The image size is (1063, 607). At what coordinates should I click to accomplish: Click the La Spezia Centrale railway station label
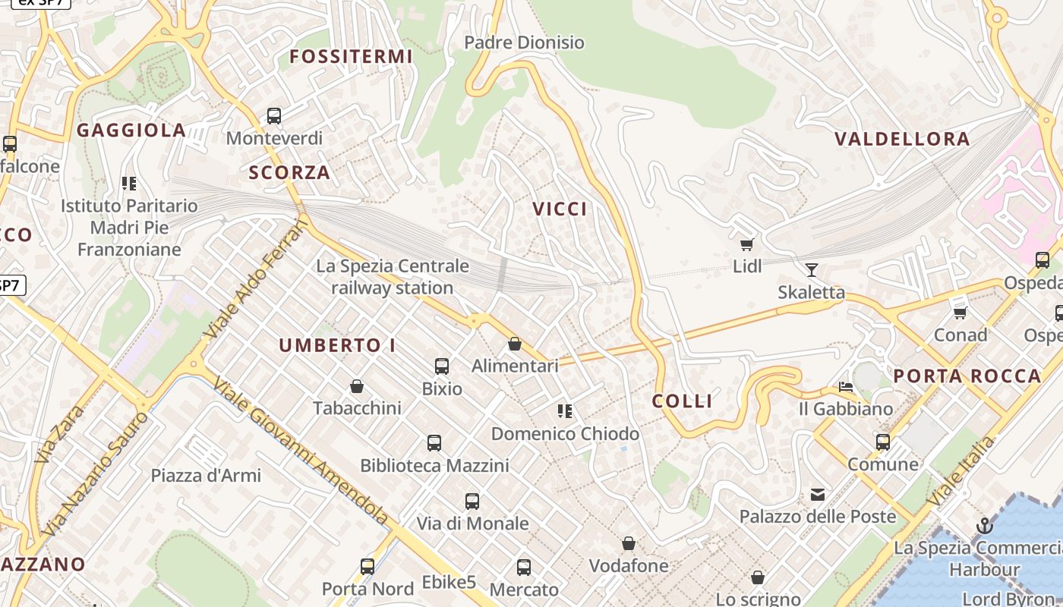[x=393, y=277]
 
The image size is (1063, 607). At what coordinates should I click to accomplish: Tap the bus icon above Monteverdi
[x=274, y=116]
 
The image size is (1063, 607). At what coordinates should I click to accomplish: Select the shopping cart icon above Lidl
[x=746, y=244]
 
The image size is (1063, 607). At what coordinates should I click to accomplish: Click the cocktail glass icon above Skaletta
[x=811, y=269]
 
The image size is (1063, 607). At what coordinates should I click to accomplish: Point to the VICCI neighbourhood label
[x=560, y=209]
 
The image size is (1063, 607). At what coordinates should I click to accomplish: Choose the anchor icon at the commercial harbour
[x=984, y=525]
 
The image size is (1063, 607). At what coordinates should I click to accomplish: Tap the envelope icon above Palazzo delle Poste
[x=817, y=495]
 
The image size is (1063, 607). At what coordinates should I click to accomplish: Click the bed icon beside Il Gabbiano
[x=846, y=387]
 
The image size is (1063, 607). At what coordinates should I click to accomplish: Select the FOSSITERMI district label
[x=351, y=57]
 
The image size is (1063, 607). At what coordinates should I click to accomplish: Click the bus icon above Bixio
[x=442, y=366]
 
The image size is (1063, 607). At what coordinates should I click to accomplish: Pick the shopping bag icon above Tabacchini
[x=357, y=387]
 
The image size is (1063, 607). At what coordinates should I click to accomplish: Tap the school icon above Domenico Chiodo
[x=564, y=411]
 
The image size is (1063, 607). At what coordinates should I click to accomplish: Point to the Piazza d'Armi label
[x=206, y=476]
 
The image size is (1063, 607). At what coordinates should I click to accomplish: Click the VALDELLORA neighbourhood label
[x=902, y=139]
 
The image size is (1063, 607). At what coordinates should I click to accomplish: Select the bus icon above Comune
[x=882, y=442]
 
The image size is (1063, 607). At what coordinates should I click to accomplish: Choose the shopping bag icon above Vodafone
[x=629, y=543]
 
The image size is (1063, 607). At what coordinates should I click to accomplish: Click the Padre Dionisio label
[x=524, y=42]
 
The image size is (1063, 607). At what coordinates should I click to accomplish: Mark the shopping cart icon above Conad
[x=960, y=312]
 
